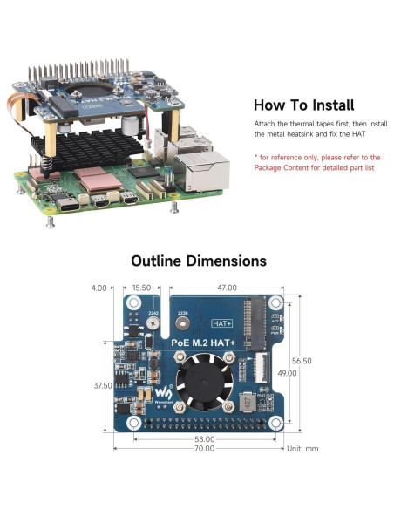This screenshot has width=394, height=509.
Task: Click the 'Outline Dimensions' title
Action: click(198, 261)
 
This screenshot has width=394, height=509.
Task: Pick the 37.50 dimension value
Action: click(102, 385)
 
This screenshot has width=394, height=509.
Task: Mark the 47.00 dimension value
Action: click(228, 287)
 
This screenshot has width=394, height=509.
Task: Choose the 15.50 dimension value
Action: click(141, 287)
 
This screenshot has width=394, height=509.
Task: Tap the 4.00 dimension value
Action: click(99, 287)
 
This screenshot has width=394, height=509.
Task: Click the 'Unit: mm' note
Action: click(302, 448)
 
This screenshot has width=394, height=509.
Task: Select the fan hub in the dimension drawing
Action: click(200, 382)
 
